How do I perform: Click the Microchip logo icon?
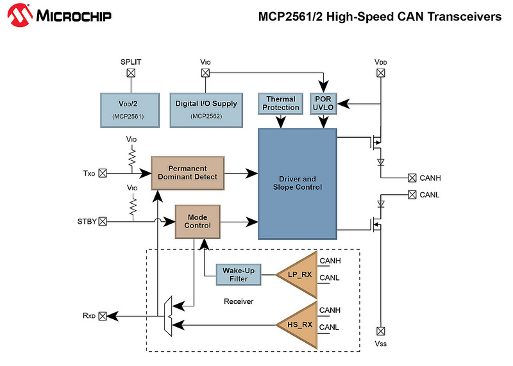pyautogui.click(x=20, y=15)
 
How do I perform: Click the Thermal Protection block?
pyautogui.click(x=280, y=104)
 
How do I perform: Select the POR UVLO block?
pyautogui.click(x=323, y=104)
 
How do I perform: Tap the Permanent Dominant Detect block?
pyautogui.click(x=187, y=173)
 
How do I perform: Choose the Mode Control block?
pyautogui.click(x=198, y=222)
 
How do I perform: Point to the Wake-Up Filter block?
pyautogui.click(x=238, y=275)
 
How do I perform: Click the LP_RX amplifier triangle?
pyautogui.click(x=297, y=275)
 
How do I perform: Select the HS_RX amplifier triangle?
pyautogui.click(x=297, y=325)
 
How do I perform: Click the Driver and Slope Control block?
pyautogui.click(x=298, y=184)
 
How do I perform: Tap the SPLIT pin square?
pyautogui.click(x=131, y=73)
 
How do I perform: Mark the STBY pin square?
pyautogui.click(x=103, y=221)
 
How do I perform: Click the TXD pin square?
pyautogui.click(x=103, y=173)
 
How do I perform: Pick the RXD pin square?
pyautogui.click(x=103, y=316)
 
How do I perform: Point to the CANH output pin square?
pyautogui.click(x=412, y=178)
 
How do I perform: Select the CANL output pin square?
pyautogui.click(x=412, y=195)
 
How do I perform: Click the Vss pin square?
pyautogui.click(x=380, y=331)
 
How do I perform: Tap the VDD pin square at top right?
pyautogui.click(x=380, y=73)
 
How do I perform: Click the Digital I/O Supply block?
pyautogui.click(x=206, y=110)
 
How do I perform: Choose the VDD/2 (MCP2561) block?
pyautogui.click(x=130, y=110)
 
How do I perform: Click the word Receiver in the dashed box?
pyautogui.click(x=239, y=301)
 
